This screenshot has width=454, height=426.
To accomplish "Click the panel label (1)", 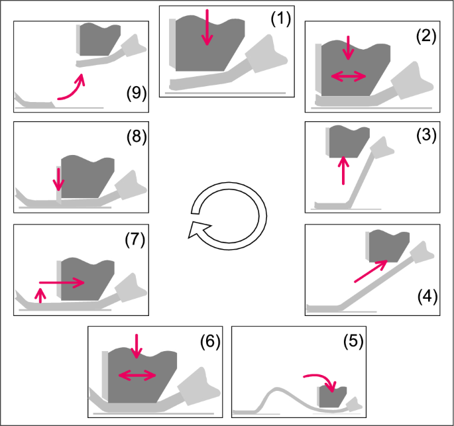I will coord(280,20).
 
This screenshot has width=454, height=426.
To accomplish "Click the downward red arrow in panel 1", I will coord(208,27).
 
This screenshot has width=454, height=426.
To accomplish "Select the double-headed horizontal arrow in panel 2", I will coord(349,76).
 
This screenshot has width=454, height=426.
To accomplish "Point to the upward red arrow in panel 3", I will coord(343,170).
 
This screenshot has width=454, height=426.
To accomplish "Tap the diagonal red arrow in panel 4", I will coord(370,272).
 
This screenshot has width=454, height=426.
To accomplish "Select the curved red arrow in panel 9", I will coord(72,89).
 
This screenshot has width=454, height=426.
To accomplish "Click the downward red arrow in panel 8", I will coord(59,179).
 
